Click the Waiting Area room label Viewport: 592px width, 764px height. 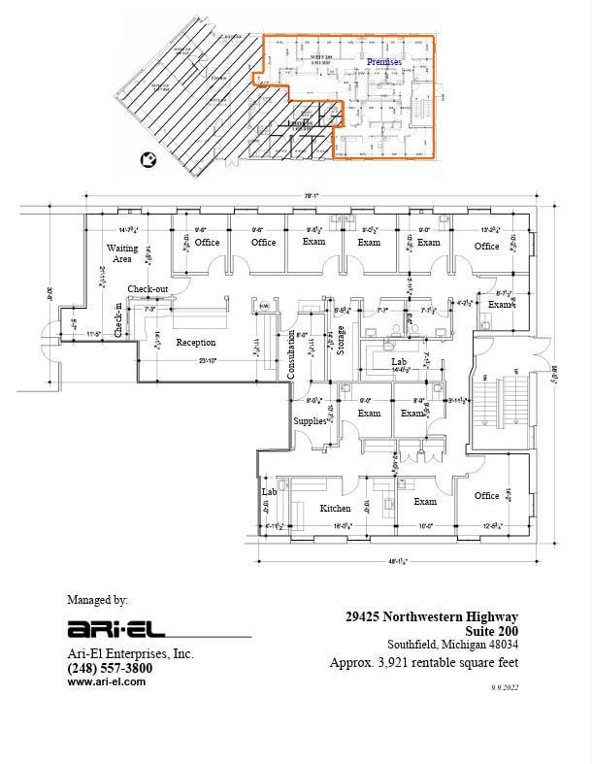120,253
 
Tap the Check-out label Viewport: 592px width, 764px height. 148,289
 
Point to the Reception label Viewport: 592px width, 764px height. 195,342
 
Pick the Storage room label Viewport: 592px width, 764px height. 341,341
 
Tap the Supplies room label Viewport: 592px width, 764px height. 310,421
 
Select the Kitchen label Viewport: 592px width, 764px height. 335,508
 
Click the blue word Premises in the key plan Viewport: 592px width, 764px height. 384,61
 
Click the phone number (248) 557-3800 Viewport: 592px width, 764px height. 110,668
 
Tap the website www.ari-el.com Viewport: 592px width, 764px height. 106,681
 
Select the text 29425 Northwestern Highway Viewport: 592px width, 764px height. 432,616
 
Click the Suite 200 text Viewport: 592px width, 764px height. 492,630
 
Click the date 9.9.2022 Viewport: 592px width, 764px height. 505,686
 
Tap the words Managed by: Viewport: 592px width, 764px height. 97,600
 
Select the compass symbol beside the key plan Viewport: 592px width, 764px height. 148,159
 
